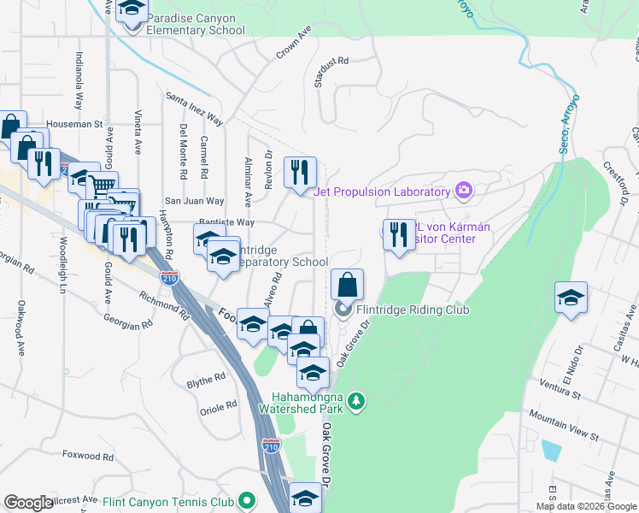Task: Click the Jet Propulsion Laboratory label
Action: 381,192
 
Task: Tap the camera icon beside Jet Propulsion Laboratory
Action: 464,190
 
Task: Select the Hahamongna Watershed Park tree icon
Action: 360,400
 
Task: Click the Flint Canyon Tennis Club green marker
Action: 247,501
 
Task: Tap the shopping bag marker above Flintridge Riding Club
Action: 348,285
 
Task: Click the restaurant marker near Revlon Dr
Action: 300,174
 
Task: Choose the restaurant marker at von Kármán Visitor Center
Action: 399,235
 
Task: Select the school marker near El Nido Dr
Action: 571,298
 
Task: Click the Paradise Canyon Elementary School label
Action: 196,24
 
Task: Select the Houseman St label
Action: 74,123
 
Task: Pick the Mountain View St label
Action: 565,425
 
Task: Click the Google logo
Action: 28,503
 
